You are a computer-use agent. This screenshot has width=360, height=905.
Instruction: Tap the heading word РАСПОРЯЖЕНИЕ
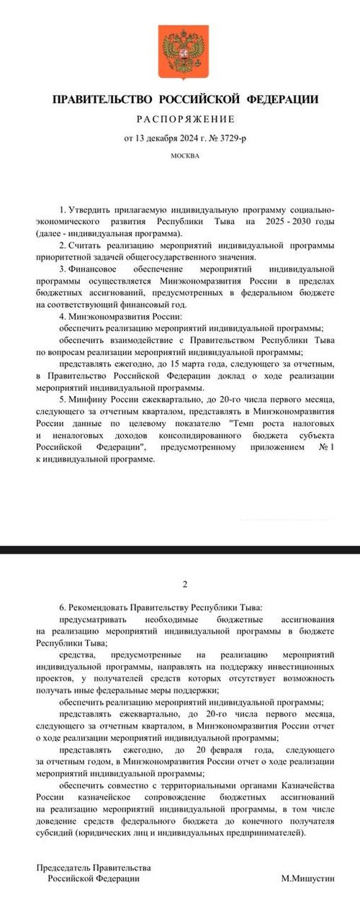coord(185,118)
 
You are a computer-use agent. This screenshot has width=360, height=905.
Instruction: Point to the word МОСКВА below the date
coord(185,155)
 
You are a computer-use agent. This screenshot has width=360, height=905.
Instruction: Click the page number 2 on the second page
coord(185,584)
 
